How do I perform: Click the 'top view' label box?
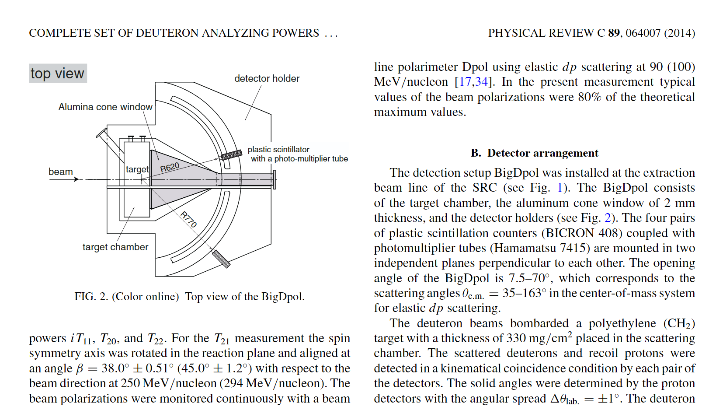coord(58,74)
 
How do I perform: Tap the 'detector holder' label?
coord(267,79)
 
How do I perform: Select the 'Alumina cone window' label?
coord(105,107)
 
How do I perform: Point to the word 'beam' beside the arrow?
coord(60,172)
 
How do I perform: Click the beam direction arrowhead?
coord(76,179)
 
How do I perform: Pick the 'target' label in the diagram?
coord(137,169)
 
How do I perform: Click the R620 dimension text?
coord(170,167)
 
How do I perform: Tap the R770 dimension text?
coord(189,219)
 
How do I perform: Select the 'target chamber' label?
coord(115,247)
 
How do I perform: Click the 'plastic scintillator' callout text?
coord(278,150)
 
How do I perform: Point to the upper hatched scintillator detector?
coord(231,155)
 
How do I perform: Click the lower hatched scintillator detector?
coord(221,258)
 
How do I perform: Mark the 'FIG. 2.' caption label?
coord(91,297)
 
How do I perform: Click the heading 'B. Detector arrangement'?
coord(534,153)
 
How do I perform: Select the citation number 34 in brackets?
coord(481,82)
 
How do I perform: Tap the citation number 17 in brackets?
coord(465,82)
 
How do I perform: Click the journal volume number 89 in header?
coord(614,33)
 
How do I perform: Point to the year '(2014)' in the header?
coord(679,33)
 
